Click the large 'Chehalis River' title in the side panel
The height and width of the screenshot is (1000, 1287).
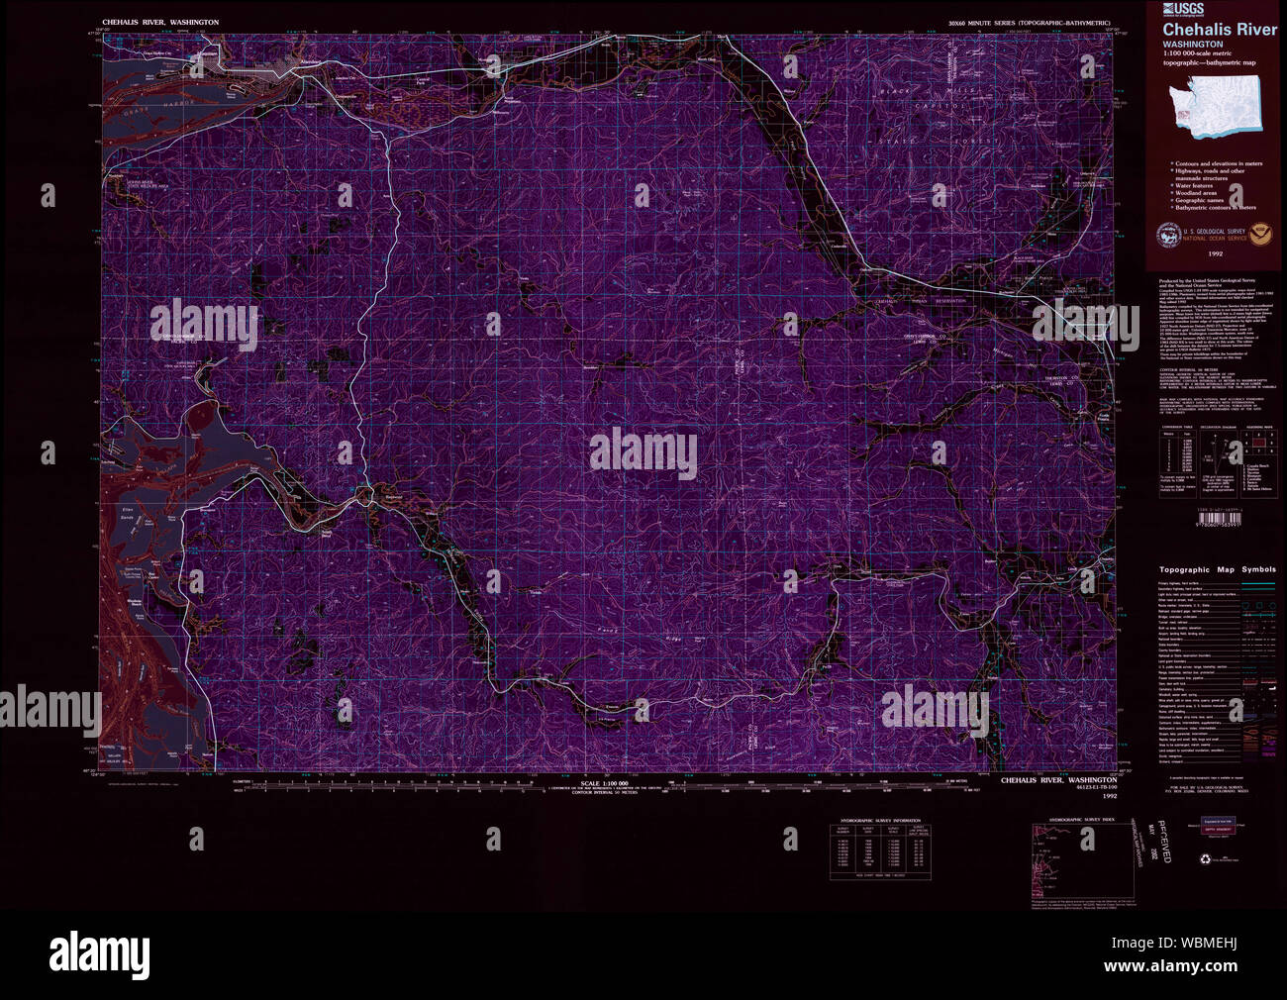click(x=1219, y=30)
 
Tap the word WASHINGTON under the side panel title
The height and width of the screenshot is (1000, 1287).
click(x=1192, y=45)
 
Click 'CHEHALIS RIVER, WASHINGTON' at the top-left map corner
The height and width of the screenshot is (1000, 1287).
click(x=160, y=22)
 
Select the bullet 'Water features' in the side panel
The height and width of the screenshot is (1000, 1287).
click(x=1195, y=185)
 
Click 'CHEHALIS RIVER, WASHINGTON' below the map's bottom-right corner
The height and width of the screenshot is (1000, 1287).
click(x=1057, y=780)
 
